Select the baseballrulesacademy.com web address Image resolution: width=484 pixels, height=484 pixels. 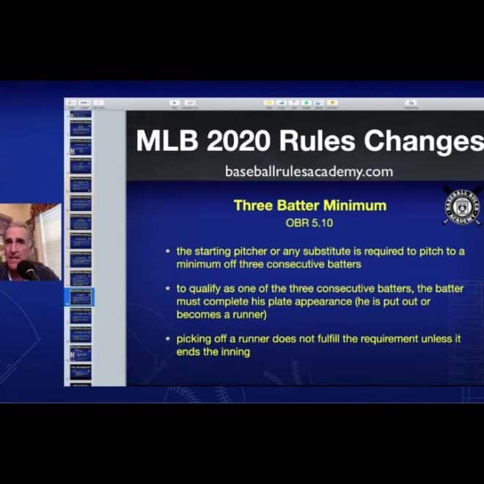coord(309,172)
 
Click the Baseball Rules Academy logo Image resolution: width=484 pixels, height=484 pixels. coord(462,206)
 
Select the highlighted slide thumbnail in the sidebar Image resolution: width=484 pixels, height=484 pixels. coord(80,297)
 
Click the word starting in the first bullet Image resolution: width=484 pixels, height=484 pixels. coord(213,251)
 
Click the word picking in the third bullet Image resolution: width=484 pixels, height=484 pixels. coord(194,339)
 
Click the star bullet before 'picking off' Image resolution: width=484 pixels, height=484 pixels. coord(169,339)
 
